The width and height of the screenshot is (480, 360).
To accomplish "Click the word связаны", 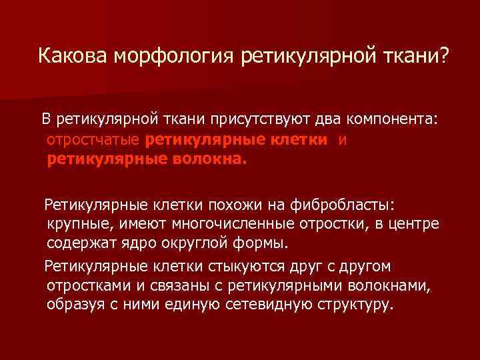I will click(186, 287).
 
